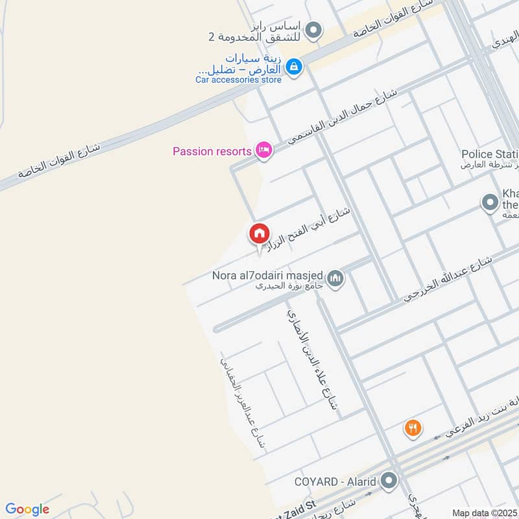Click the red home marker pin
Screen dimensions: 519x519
pos(259,234)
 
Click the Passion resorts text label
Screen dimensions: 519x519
pos(211,152)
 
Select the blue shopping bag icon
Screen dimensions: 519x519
pos(294,66)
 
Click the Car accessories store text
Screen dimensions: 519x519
pos(239,80)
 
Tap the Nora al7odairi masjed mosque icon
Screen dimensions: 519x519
pos(335,279)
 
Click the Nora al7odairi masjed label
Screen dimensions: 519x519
pos(269,275)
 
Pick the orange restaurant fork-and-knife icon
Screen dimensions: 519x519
pos(413,428)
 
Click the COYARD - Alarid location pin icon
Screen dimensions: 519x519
pos(389,481)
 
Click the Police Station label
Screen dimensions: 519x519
pos(489,154)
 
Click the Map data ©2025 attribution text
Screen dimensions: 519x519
pos(484,513)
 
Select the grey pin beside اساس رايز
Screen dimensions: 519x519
pos(314,30)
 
